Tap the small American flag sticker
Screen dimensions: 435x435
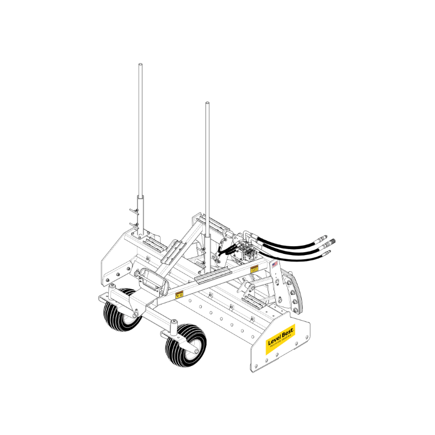coord(274,265)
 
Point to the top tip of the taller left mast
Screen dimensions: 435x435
coord(140,65)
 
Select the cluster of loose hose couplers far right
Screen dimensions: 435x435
coord(325,245)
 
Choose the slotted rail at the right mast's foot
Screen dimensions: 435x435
coord(213,275)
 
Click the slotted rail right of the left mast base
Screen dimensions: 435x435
coord(157,244)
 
